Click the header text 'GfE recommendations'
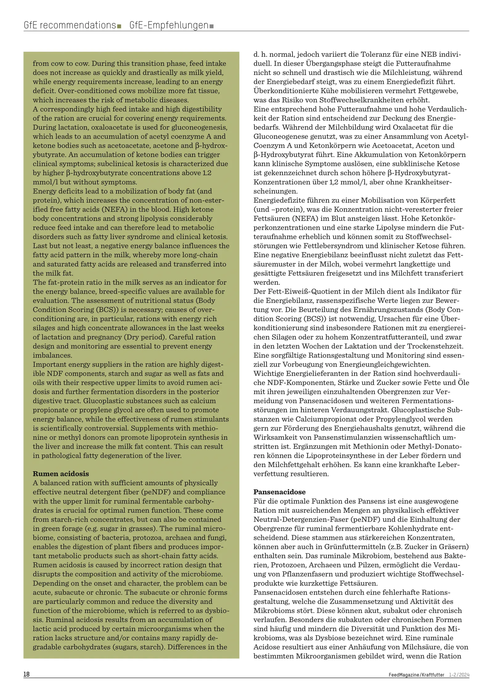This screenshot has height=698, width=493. pyautogui.click(x=70, y=25)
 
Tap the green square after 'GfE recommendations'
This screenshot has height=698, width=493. pyautogui.click(x=119, y=27)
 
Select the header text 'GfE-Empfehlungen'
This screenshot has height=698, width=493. pyautogui.click(x=169, y=25)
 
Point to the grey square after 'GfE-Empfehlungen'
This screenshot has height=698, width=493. pyautogui.click(x=211, y=27)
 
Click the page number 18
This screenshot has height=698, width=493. pyautogui.click(x=26, y=674)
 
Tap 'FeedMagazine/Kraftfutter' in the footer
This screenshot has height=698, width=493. pyautogui.click(x=416, y=675)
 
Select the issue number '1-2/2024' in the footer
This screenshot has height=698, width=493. pyautogui.click(x=459, y=675)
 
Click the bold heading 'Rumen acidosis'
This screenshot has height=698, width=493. pyautogui.click(x=61, y=474)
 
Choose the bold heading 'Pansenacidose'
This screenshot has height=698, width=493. pyautogui.click(x=279, y=492)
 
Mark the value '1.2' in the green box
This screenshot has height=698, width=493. pyautogui.click(x=207, y=173)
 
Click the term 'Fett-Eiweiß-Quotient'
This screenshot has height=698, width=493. pyautogui.click(x=305, y=291)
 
